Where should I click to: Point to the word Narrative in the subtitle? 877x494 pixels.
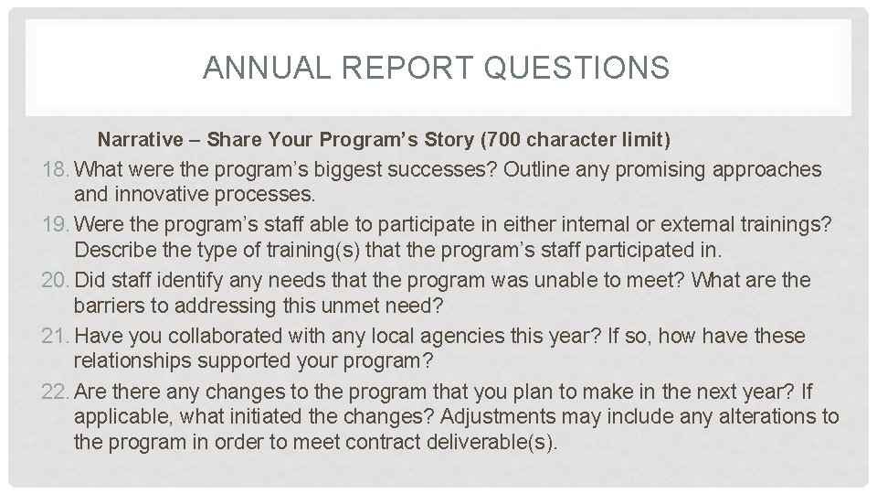click(x=140, y=140)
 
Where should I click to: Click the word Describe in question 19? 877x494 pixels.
click(x=113, y=251)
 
